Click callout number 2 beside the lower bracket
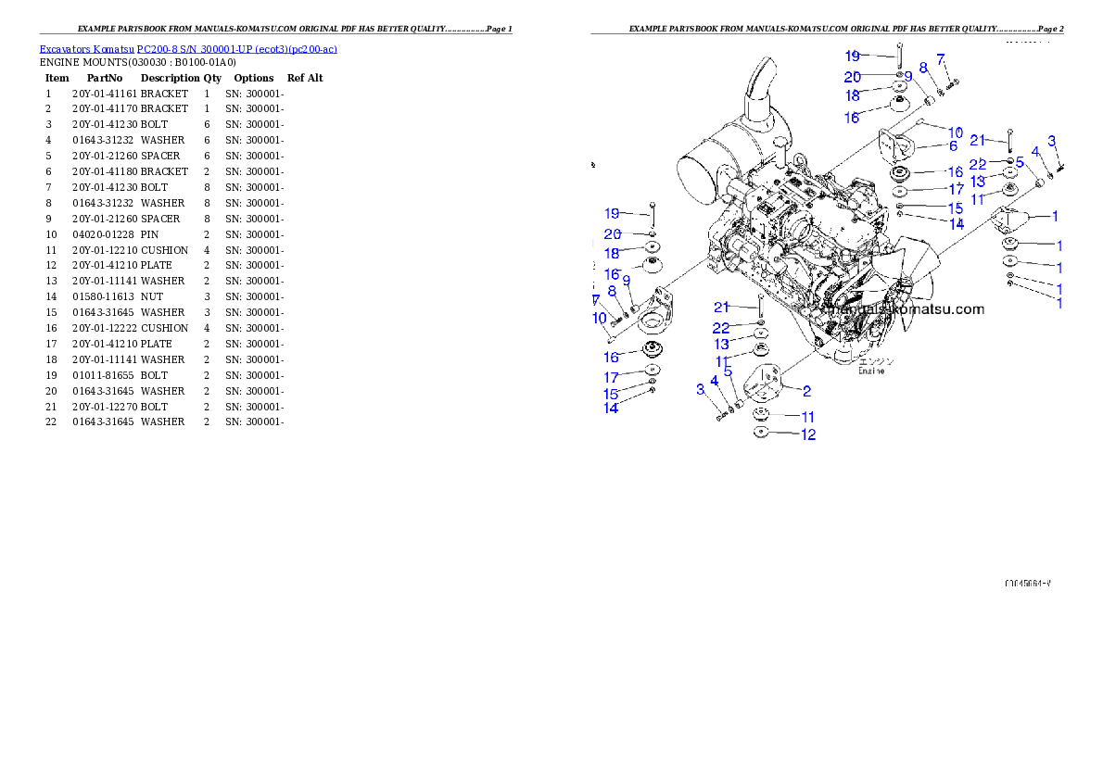[x=807, y=391]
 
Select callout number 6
[x=953, y=145]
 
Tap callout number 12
[x=808, y=434]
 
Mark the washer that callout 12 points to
[x=761, y=432]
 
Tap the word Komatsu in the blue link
[x=108, y=48]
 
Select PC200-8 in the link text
[x=153, y=48]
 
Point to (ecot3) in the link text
[x=271, y=48]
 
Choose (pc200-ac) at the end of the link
[x=313, y=48]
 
